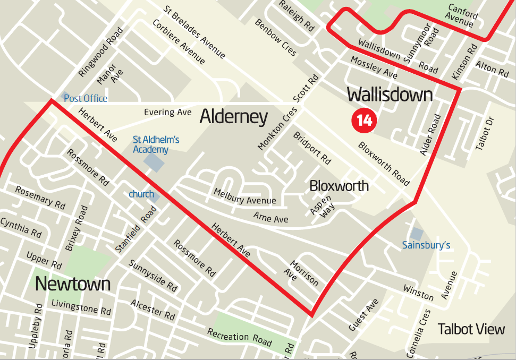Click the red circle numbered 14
[364, 121]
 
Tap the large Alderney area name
[233, 117]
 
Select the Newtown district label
[72, 284]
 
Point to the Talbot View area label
[471, 329]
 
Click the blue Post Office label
[85, 98]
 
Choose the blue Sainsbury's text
[426, 245]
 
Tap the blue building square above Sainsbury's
[417, 233]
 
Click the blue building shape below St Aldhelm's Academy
[155, 162]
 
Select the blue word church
[141, 194]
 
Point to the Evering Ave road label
[167, 112]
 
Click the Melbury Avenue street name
[245, 196]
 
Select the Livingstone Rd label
[81, 306]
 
